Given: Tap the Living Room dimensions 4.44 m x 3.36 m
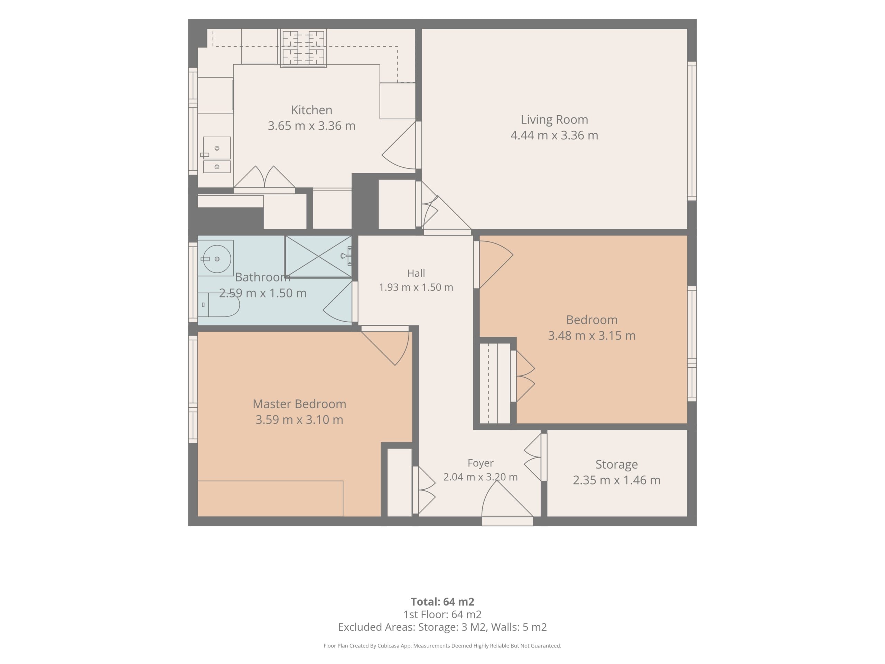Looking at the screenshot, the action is pos(554,135).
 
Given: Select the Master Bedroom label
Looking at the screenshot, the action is pos(299,404).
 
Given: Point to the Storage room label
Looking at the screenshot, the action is pos(616,464).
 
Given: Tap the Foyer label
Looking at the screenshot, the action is pos(480,463).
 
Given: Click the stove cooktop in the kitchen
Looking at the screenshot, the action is pos(303,48).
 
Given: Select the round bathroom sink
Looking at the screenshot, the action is pos(217,259).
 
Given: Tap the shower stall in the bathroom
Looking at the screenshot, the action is pos(318,256).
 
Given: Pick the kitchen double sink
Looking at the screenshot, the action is pos(217,155).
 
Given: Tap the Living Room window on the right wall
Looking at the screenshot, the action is pos(692,131).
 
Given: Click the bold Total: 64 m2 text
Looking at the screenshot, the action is pos(442,601).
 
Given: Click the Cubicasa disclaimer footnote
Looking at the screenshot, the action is pos(442,646).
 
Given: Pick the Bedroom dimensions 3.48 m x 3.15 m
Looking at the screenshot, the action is pos(592,335).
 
